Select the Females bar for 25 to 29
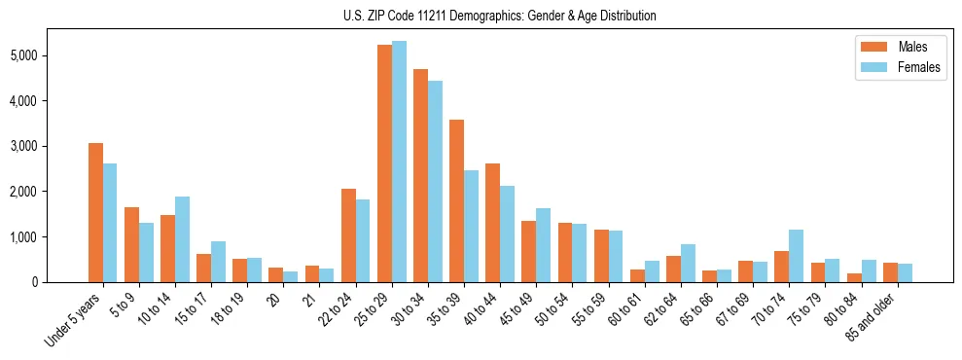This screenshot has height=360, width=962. click(x=399, y=162)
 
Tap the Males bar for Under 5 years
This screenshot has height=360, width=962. click(x=95, y=212)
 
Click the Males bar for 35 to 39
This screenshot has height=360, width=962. click(x=456, y=200)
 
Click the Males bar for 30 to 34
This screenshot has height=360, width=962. click(x=420, y=175)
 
